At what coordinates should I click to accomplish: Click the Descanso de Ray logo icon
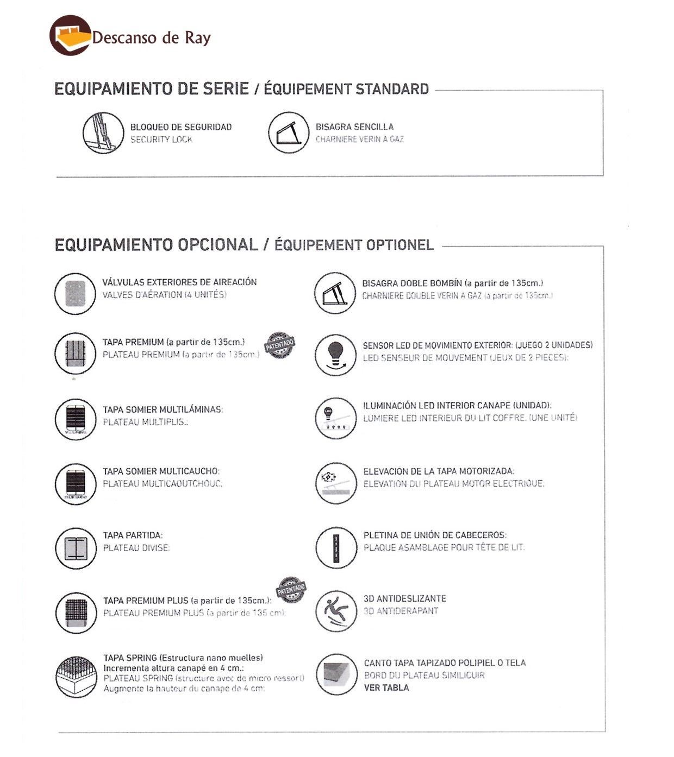pos(70,36)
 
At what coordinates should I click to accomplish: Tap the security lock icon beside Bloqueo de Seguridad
pos(103,133)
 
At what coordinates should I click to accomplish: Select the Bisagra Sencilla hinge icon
pos(289,133)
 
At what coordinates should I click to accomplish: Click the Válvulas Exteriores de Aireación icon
pos(75,294)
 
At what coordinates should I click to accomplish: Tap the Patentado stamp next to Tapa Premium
pos(280,345)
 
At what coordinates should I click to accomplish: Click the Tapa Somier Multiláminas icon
pos(75,419)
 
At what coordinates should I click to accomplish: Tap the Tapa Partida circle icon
pos(76,548)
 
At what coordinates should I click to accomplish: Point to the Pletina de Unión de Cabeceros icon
pos(336,548)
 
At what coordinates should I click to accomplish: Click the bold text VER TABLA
pos(386,687)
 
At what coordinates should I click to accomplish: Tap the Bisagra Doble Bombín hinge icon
pos(335,294)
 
